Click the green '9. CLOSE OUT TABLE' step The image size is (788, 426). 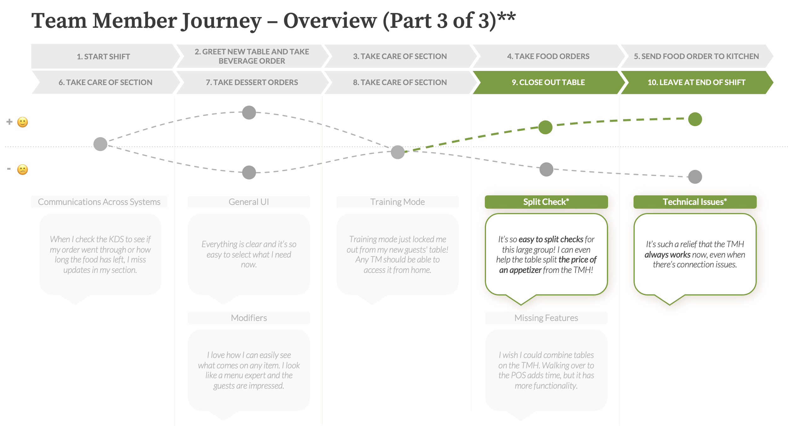pos(548,82)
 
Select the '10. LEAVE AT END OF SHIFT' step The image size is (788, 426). pos(696,82)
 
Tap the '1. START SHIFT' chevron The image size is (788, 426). pos(103,56)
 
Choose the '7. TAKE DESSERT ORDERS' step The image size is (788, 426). pos(252,82)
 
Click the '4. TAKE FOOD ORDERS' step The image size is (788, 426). pos(548,56)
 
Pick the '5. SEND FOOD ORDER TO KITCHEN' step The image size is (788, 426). pos(696,56)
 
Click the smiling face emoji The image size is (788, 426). pos(22,122)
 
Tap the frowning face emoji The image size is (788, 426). pos(22,170)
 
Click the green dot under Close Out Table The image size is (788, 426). pos(545,127)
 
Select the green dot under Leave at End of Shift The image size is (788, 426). pos(695,119)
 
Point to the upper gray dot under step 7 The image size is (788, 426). pos(249,113)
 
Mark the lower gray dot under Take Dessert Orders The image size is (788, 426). pos(249,172)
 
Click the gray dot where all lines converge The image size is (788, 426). pos(398,152)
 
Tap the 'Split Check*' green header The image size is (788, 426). pos(546,202)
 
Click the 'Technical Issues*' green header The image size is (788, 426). pos(695,202)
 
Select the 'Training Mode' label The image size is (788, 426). pos(397,202)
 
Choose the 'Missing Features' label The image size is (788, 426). pos(546,318)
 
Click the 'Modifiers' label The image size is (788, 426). pos(249,318)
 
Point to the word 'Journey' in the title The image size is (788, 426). pos(221,21)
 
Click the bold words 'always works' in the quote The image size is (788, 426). pos(667,255)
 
